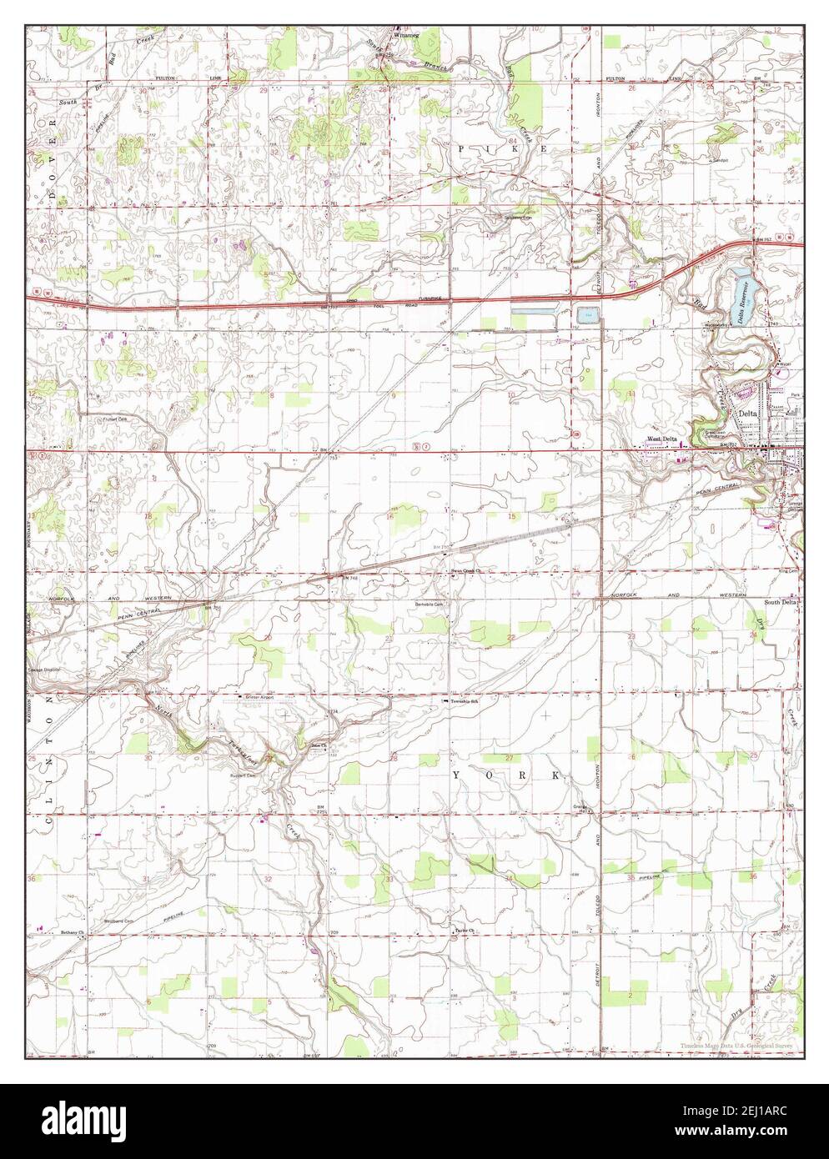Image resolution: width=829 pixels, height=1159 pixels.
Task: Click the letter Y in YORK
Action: tap(456, 776)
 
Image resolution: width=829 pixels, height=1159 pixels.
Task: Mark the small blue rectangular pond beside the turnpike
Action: tap(586, 315)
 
